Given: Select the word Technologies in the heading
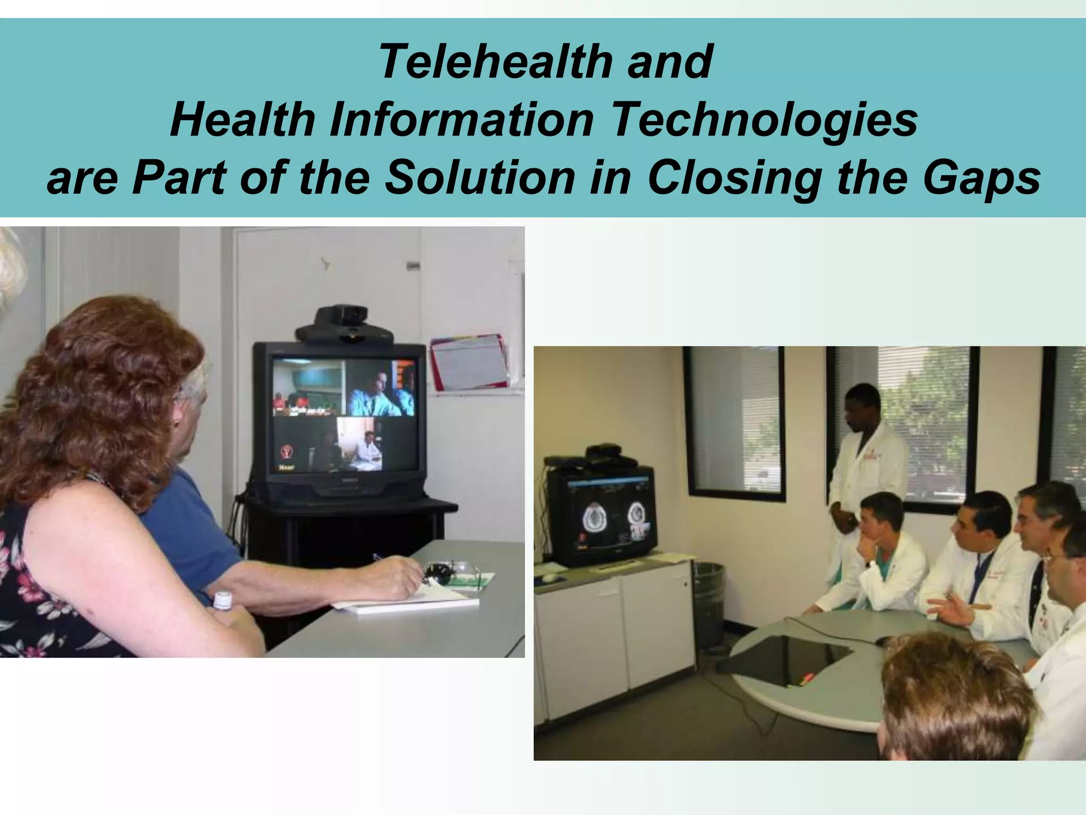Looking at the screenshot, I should (x=764, y=120).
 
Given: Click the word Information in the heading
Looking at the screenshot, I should (x=461, y=120).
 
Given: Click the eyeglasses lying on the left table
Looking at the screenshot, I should (x=451, y=572).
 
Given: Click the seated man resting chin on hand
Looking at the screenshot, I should (x=880, y=552).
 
